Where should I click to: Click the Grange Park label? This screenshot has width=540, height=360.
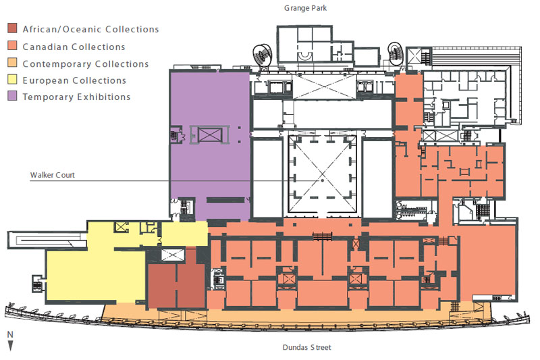305,8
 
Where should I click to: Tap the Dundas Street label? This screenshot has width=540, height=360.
307,347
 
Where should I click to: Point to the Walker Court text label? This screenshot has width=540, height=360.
53,175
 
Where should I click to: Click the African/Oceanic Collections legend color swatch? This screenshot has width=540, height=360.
12,28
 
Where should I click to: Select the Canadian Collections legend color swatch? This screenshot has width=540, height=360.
12,45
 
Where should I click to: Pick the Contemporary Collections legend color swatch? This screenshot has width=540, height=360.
12,62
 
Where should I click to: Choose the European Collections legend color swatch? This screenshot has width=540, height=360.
12,79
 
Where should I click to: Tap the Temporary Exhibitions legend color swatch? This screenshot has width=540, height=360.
12,96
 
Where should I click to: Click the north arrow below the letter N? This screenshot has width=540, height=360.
10,346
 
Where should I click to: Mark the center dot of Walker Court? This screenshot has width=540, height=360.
323,180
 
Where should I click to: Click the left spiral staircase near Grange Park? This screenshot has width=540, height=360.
263,55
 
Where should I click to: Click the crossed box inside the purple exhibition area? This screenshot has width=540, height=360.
209,134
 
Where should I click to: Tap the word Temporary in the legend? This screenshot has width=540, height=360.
47,97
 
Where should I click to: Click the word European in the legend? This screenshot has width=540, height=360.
45,80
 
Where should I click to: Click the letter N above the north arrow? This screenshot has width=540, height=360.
10,334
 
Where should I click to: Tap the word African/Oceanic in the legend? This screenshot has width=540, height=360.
61,29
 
